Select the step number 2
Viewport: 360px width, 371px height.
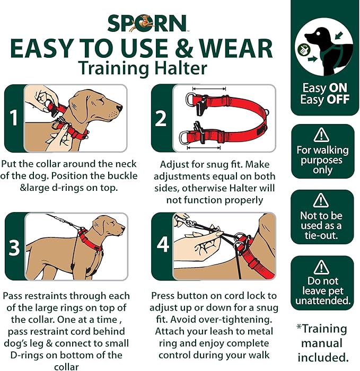[161, 118]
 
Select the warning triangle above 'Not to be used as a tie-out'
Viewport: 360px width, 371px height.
[321, 200]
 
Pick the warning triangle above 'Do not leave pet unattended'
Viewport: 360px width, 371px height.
[321, 266]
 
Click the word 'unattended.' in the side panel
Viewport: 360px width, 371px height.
[322, 301]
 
